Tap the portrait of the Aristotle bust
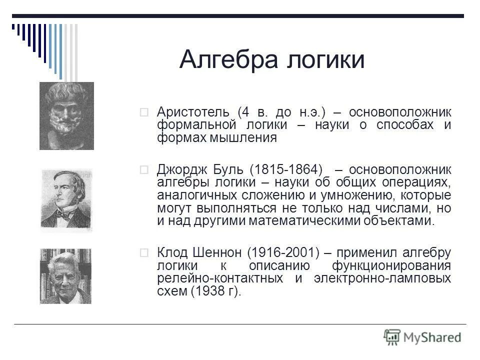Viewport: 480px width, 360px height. (66, 115)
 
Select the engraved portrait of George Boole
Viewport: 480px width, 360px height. (66, 198)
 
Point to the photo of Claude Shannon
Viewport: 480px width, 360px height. (66, 276)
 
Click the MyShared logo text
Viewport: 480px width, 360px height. (433, 336)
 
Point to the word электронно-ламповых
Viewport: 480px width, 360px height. (382, 278)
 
